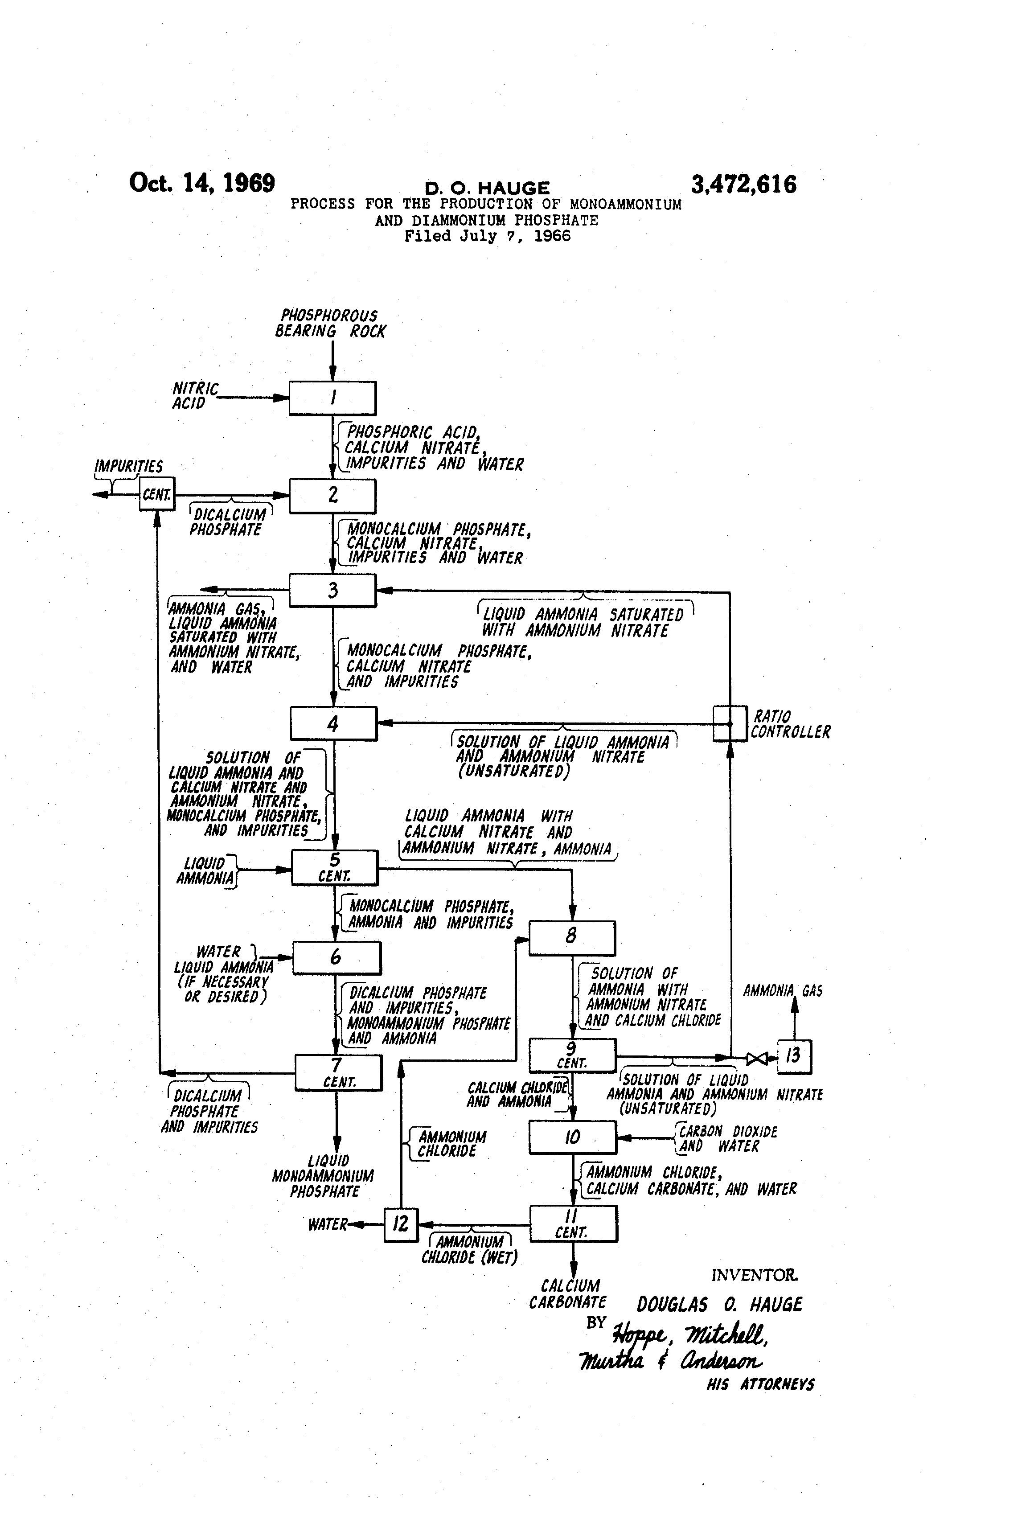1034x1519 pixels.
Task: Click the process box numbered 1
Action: (x=332, y=398)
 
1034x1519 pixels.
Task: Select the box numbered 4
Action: (x=334, y=723)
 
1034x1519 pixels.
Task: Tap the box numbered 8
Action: (x=572, y=938)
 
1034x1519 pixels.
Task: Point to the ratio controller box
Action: (x=730, y=723)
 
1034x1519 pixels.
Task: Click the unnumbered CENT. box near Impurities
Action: (x=157, y=494)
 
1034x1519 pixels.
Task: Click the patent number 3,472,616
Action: (x=744, y=185)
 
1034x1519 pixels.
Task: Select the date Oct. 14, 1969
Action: (x=202, y=183)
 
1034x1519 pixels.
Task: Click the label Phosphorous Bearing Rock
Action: (x=330, y=324)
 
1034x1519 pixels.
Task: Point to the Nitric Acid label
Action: (x=195, y=396)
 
